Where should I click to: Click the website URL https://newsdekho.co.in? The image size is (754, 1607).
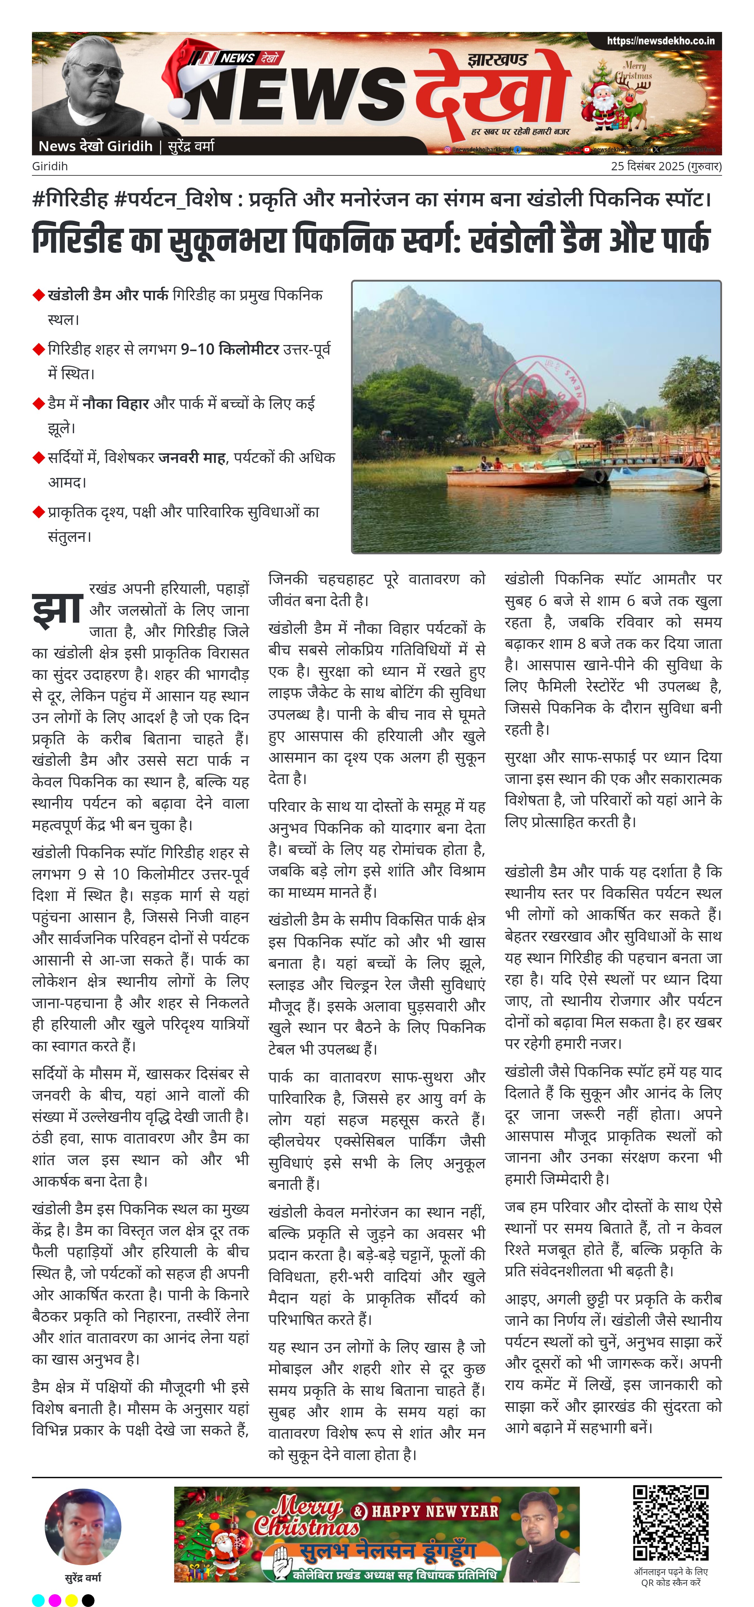(x=660, y=41)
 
